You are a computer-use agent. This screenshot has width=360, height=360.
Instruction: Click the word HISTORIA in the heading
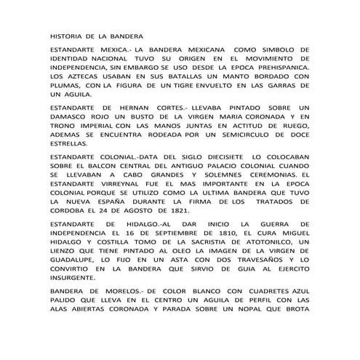pos(67,35)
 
